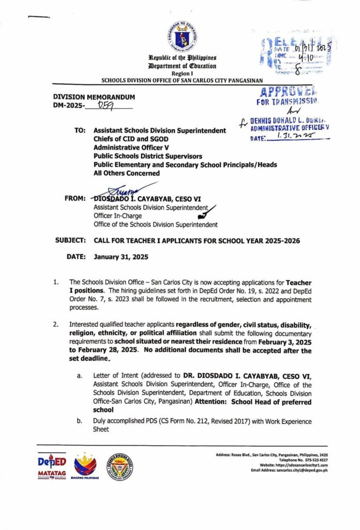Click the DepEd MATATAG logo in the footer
[52, 467]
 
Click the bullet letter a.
[80, 375]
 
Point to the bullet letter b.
[80, 422]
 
